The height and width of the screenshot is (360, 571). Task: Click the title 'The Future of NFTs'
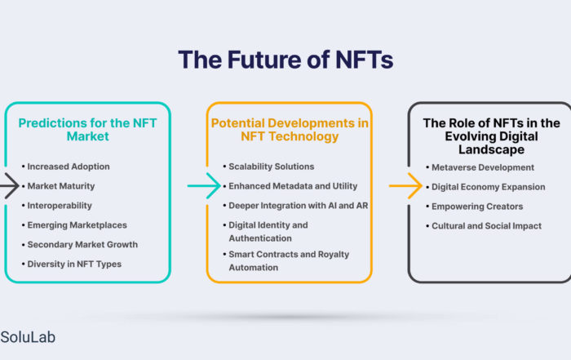[285, 60]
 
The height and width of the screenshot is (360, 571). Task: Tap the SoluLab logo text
[28, 337]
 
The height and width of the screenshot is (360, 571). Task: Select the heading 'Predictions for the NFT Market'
[87, 130]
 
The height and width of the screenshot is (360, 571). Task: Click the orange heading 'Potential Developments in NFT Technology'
[290, 130]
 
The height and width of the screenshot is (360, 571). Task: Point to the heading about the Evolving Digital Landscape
[491, 136]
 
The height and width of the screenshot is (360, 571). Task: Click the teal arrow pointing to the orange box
[204, 186]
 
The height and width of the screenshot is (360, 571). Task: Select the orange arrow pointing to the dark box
[405, 186]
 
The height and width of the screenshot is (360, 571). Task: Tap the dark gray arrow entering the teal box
[10, 186]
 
